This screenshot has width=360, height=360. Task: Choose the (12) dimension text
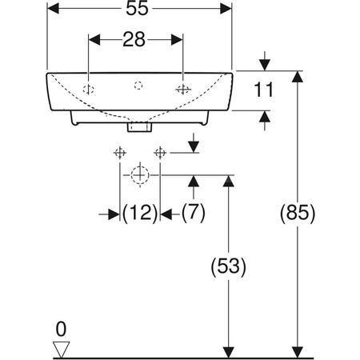pyautogui.click(x=139, y=213)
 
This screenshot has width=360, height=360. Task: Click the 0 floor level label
pyautogui.click(x=61, y=328)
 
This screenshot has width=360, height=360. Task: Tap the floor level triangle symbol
pyautogui.click(x=61, y=347)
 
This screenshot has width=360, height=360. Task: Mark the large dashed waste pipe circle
pyautogui.click(x=140, y=174)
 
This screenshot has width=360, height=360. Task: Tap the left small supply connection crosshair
pyautogui.click(x=120, y=151)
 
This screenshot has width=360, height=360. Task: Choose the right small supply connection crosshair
pyautogui.click(x=161, y=151)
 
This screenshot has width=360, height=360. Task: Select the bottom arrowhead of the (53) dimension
pyautogui.click(x=230, y=352)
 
